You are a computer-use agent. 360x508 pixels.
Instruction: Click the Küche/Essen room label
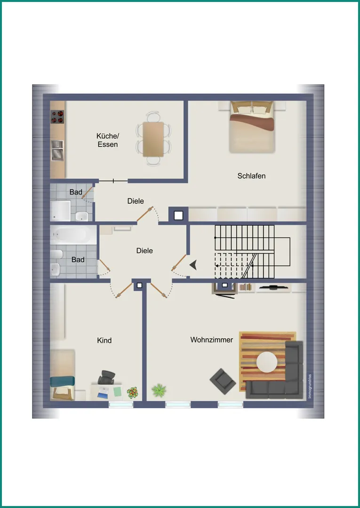tap(108, 140)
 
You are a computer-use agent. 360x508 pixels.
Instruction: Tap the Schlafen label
tap(251, 176)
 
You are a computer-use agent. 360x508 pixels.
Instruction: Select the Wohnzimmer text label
tap(212, 340)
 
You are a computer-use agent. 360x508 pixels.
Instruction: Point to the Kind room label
tap(104, 340)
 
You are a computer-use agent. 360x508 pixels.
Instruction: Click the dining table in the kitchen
tap(153, 139)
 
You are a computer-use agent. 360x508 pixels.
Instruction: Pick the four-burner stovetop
tap(57, 117)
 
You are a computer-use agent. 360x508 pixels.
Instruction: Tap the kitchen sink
tap(57, 151)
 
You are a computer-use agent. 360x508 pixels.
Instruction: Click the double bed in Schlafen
tap(252, 127)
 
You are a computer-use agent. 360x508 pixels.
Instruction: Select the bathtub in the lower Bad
tap(73, 235)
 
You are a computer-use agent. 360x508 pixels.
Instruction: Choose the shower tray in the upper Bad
tap(61, 211)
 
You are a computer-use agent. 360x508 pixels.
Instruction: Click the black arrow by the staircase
tap(193, 265)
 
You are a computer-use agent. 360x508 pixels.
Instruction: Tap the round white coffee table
tap(267, 362)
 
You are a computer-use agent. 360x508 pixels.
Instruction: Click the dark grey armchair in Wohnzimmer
tap(223, 381)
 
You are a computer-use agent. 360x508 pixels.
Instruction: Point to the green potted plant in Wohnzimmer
tap(159, 390)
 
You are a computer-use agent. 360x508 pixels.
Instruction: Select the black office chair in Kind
tap(106, 377)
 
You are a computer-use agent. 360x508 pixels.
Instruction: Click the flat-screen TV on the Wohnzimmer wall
tap(274, 287)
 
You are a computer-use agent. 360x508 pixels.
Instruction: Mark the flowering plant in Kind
tap(133, 393)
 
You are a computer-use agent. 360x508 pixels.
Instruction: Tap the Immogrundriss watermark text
tap(310, 386)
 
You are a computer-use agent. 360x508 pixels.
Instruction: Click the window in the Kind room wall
tap(121, 405)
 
